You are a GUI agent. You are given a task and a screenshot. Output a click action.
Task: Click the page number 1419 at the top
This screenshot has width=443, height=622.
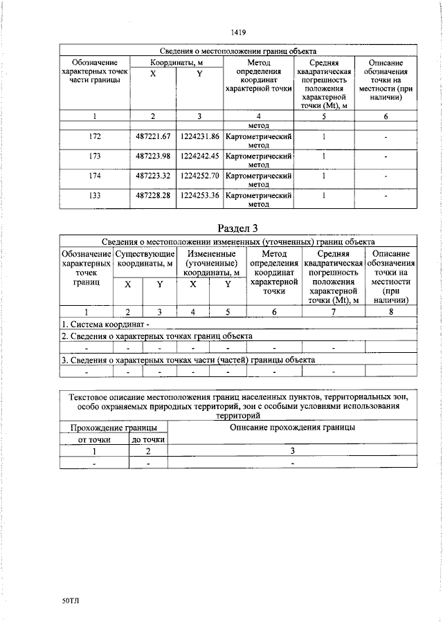tap(237, 32)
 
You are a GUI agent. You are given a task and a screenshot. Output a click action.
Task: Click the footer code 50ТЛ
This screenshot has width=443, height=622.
tap(71, 603)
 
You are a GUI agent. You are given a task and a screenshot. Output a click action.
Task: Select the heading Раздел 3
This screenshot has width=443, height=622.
tap(237, 228)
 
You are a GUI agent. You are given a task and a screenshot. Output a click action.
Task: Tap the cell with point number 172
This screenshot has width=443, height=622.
tap(95, 137)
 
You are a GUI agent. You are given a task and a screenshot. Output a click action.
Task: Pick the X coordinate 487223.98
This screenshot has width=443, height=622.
tap(153, 156)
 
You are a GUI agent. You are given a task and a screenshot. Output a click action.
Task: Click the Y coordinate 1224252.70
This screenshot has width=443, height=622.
tap(199, 176)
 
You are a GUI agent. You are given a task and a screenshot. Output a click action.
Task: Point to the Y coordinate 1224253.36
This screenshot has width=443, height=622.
tap(199, 196)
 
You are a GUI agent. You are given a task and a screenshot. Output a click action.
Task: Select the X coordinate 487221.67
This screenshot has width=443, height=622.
tap(153, 137)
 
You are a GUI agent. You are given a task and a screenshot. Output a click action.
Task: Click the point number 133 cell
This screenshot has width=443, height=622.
tap(95, 196)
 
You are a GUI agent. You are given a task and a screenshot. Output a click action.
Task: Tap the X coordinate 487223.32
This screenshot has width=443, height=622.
tap(153, 176)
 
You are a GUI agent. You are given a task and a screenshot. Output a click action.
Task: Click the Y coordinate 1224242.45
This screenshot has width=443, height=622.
tap(199, 156)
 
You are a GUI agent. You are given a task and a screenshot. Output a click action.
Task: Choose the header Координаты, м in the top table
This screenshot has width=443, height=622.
tap(176, 63)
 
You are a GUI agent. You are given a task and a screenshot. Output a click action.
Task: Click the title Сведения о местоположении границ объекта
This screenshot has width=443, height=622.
tap(237, 51)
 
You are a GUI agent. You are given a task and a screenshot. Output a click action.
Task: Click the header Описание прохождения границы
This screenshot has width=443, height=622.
tap(292, 428)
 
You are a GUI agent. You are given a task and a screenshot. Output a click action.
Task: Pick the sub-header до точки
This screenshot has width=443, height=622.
tap(147, 439)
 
